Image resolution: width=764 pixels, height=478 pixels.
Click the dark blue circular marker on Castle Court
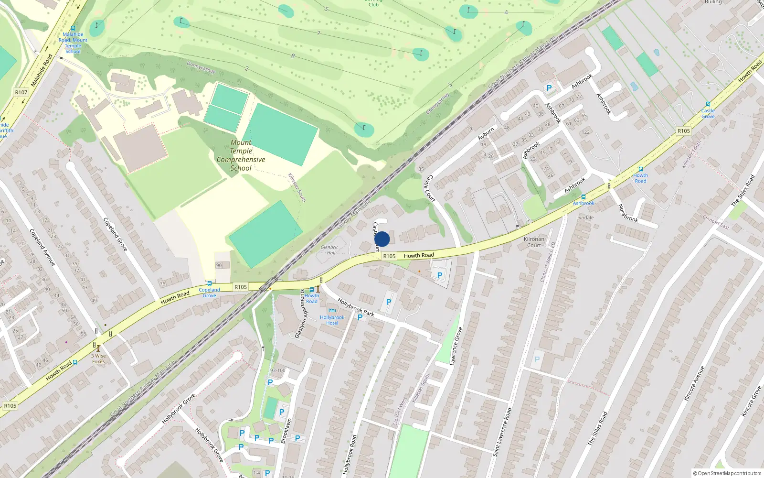click(x=382, y=239)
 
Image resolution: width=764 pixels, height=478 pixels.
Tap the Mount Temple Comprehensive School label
click(x=241, y=155)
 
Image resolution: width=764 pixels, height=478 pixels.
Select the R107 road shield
click(x=21, y=92)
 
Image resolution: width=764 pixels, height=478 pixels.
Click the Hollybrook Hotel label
click(x=332, y=320)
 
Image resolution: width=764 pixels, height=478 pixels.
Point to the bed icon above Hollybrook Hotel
click(x=332, y=311)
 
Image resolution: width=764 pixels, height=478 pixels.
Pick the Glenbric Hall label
click(x=329, y=250)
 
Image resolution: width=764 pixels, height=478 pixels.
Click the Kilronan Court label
click(x=534, y=242)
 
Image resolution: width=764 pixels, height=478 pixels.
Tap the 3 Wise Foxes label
click(x=98, y=358)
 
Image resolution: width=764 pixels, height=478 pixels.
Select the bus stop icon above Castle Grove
click(x=708, y=104)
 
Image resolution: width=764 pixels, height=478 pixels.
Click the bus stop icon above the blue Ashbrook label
click(x=583, y=197)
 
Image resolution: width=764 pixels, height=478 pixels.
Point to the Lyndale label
click(x=585, y=217)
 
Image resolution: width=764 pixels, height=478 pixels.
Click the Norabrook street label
click(x=628, y=213)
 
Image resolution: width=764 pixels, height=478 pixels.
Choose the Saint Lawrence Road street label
click(x=502, y=431)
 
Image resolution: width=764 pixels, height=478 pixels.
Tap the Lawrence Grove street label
click(x=456, y=346)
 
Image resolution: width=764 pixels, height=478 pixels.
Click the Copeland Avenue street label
click(x=42, y=247)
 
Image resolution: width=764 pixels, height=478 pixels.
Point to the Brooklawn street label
click(x=286, y=431)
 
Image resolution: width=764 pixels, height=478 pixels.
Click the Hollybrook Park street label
click(x=356, y=307)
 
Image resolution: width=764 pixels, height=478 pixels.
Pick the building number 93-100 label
click(x=277, y=370)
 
